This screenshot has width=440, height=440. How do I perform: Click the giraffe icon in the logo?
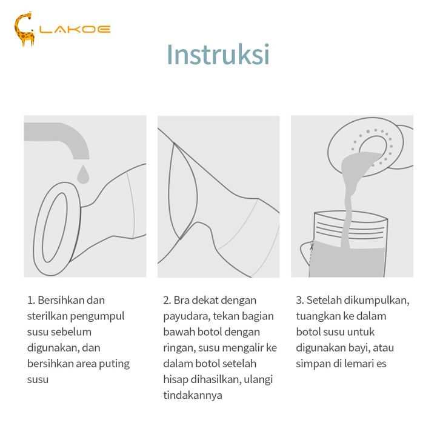point(24,29)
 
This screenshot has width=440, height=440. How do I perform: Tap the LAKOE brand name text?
point(75,30)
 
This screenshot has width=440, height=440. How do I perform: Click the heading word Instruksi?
point(218,55)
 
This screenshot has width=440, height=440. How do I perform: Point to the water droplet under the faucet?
point(83,175)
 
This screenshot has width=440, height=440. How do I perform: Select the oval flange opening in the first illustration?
point(55,227)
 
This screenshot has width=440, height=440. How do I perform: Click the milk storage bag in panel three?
point(347,244)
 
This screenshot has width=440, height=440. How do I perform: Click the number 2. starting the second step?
point(167,301)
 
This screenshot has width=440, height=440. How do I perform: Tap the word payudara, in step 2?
point(187,317)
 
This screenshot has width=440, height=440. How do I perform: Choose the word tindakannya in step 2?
point(193,396)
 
